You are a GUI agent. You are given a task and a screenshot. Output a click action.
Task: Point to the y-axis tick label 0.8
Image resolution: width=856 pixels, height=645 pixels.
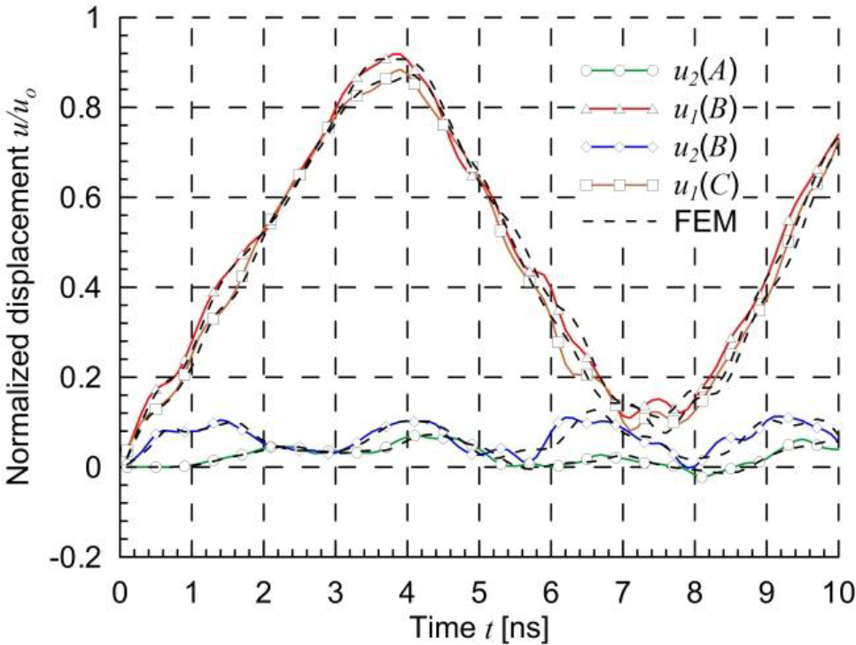coord(90,107)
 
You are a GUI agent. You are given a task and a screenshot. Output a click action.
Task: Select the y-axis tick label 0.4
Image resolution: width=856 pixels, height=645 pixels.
coord(90,287)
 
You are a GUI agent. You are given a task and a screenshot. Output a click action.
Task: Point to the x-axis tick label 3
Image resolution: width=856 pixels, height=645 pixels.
coord(335,588)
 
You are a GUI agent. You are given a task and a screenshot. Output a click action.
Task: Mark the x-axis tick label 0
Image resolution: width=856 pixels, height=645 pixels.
coord(120,588)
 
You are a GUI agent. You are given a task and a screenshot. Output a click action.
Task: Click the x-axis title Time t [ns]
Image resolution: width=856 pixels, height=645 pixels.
coord(479,626)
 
